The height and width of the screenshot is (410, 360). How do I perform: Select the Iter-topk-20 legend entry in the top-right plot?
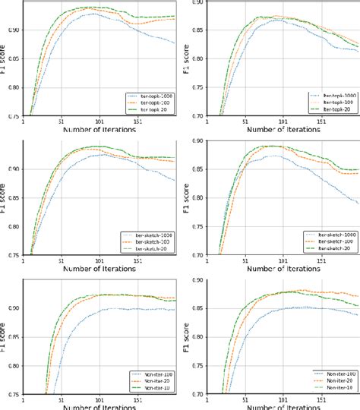tap(329, 109)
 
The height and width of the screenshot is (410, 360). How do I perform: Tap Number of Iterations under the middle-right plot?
tap(279, 269)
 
